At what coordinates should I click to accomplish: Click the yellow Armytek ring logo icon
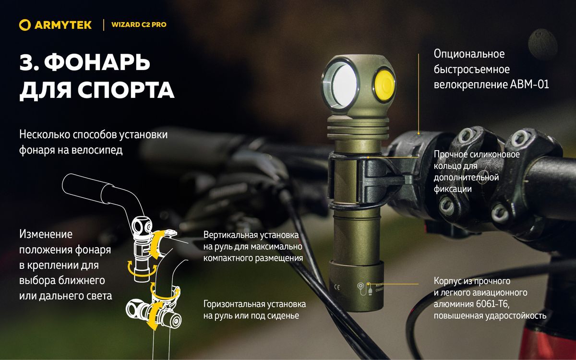[25, 25]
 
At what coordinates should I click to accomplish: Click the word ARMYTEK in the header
[63, 25]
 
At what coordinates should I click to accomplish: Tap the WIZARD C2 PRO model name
[139, 24]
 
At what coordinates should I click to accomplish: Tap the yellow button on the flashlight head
[384, 85]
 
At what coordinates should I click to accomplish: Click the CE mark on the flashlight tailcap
[337, 287]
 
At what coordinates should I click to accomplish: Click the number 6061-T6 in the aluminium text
[492, 304]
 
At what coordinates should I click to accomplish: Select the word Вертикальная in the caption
[230, 235]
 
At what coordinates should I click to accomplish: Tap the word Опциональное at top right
[469, 54]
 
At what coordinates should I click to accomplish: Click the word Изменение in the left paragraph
[46, 234]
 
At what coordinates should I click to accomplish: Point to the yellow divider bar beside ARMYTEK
[104, 25]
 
